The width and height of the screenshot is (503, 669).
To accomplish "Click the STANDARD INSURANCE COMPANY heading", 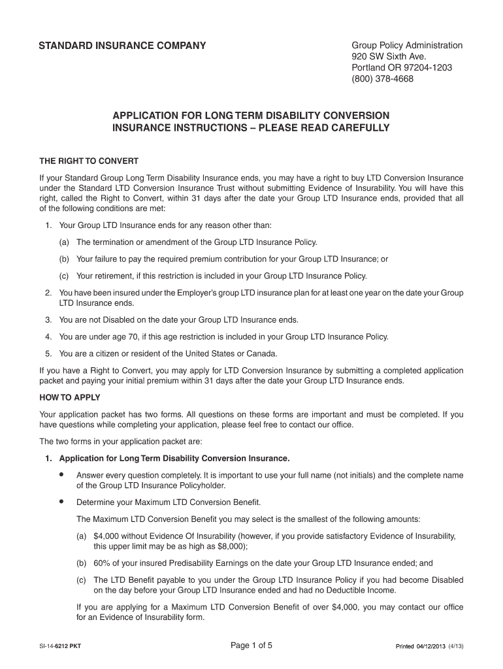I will [x=122, y=46].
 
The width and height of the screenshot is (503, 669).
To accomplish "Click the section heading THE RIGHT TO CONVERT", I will [x=89, y=161].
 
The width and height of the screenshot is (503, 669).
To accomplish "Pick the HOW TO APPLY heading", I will [x=70, y=397].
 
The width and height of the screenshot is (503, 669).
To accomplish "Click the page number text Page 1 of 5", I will [x=252, y=646].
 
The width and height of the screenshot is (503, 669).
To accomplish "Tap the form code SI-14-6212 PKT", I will [x=60, y=647].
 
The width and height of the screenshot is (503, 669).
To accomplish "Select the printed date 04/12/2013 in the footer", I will [x=433, y=647].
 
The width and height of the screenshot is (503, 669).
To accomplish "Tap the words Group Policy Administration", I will [x=407, y=45].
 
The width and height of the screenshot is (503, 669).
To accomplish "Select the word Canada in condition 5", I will [x=263, y=353].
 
